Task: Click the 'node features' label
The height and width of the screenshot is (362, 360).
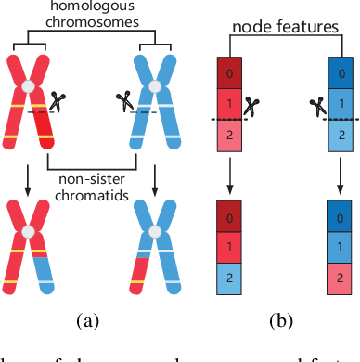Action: point(285,28)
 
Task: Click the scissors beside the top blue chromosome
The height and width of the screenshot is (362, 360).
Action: point(122,97)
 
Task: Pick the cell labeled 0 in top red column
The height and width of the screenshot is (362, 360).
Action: point(227,72)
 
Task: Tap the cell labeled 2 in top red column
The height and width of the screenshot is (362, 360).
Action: point(227,135)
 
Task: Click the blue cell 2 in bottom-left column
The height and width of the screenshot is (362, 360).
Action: point(227,278)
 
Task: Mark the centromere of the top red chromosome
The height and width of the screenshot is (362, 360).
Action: point(31,87)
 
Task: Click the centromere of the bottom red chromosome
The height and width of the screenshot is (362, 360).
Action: point(31,231)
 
